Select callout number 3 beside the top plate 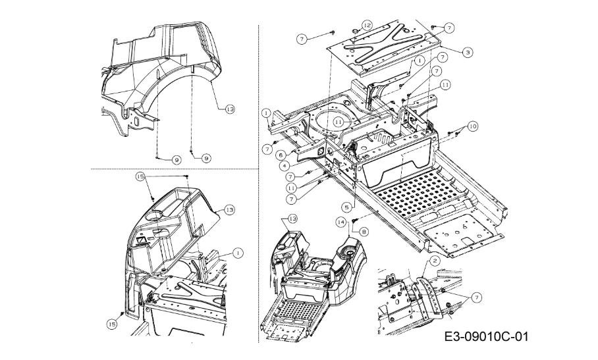[466, 52]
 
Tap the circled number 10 [473, 125]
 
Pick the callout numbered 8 [364, 231]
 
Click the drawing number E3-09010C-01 [486, 337]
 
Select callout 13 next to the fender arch [230, 109]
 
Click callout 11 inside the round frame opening [339, 122]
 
